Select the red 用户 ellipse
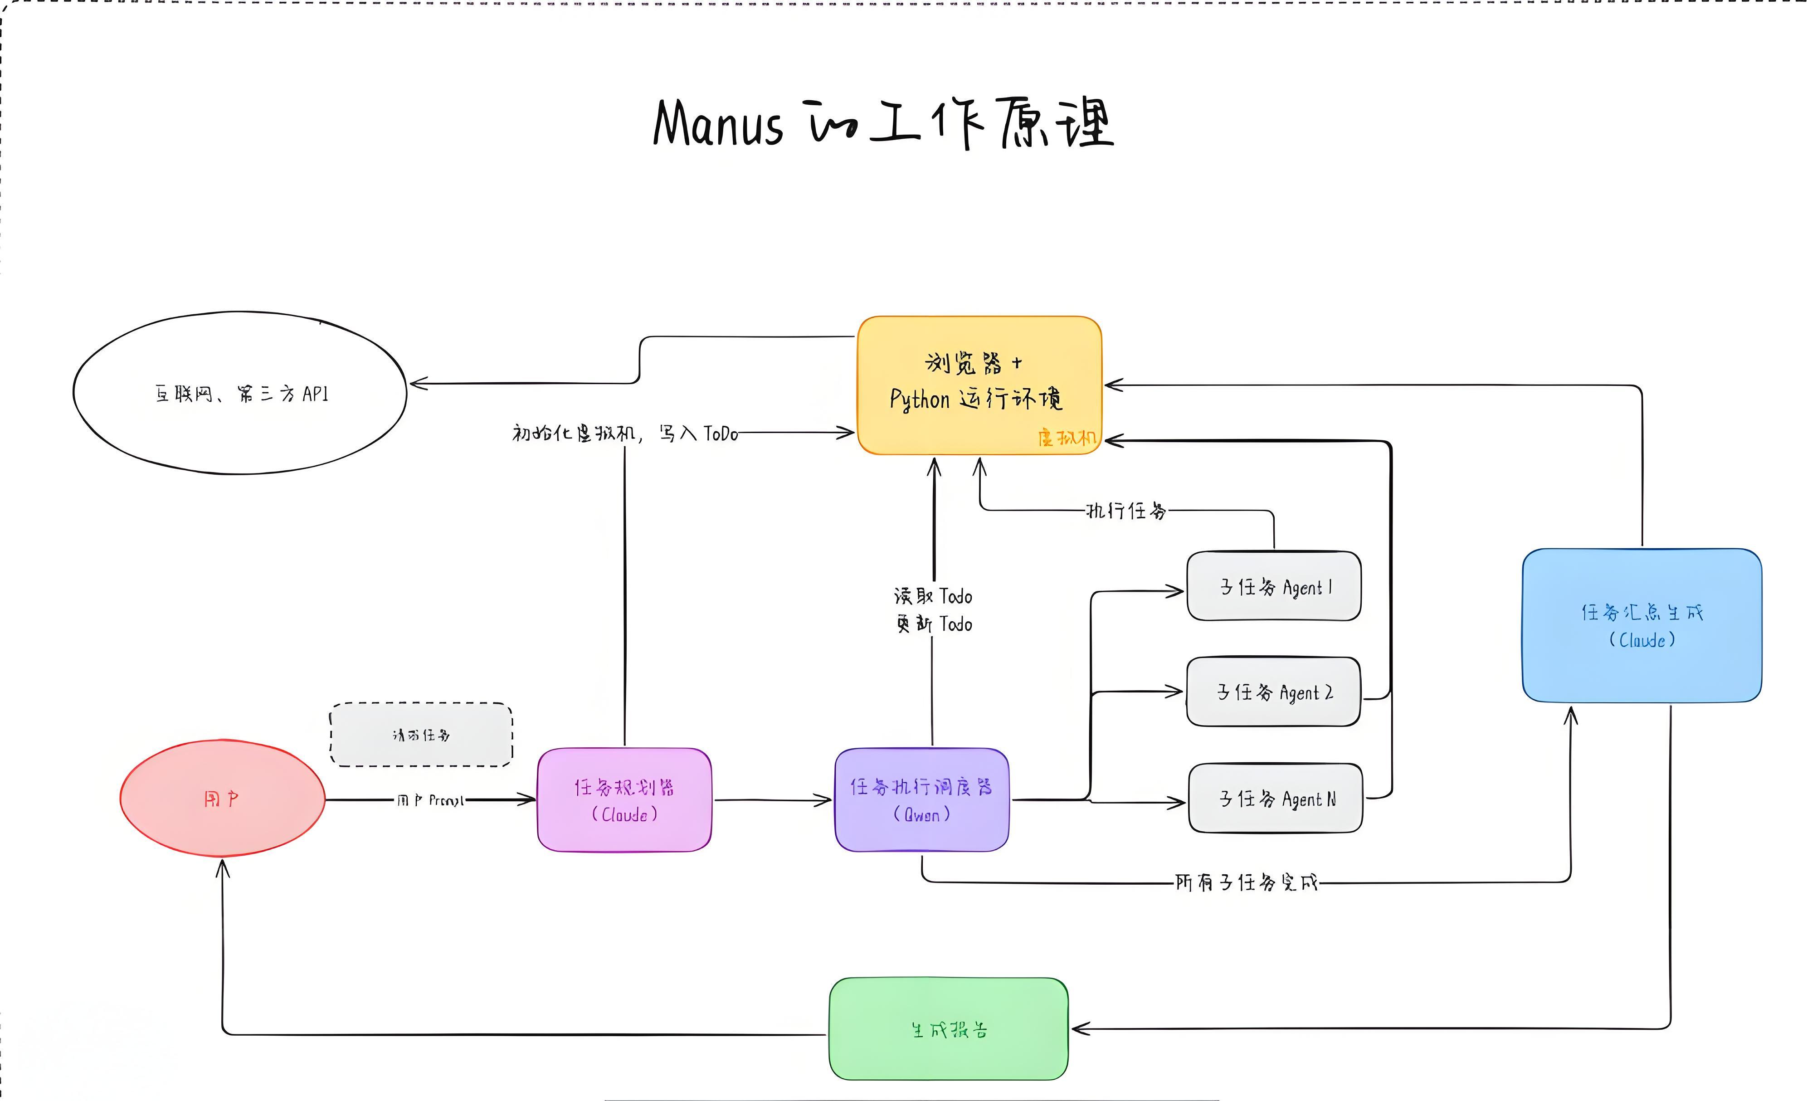[222, 799]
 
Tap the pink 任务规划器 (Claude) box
[624, 800]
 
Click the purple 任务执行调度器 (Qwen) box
[921, 800]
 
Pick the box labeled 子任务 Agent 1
[1274, 587]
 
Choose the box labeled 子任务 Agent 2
[1274, 692]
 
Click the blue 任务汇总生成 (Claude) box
[1642, 625]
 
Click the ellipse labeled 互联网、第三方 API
[240, 394]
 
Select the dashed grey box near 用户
[421, 735]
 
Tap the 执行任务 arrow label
[1126, 511]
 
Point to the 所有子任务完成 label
[1246, 882]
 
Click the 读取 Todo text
[932, 596]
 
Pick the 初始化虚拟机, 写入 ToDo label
[624, 433]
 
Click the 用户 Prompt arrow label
[430, 800]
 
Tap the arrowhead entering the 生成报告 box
[1078, 1029]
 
